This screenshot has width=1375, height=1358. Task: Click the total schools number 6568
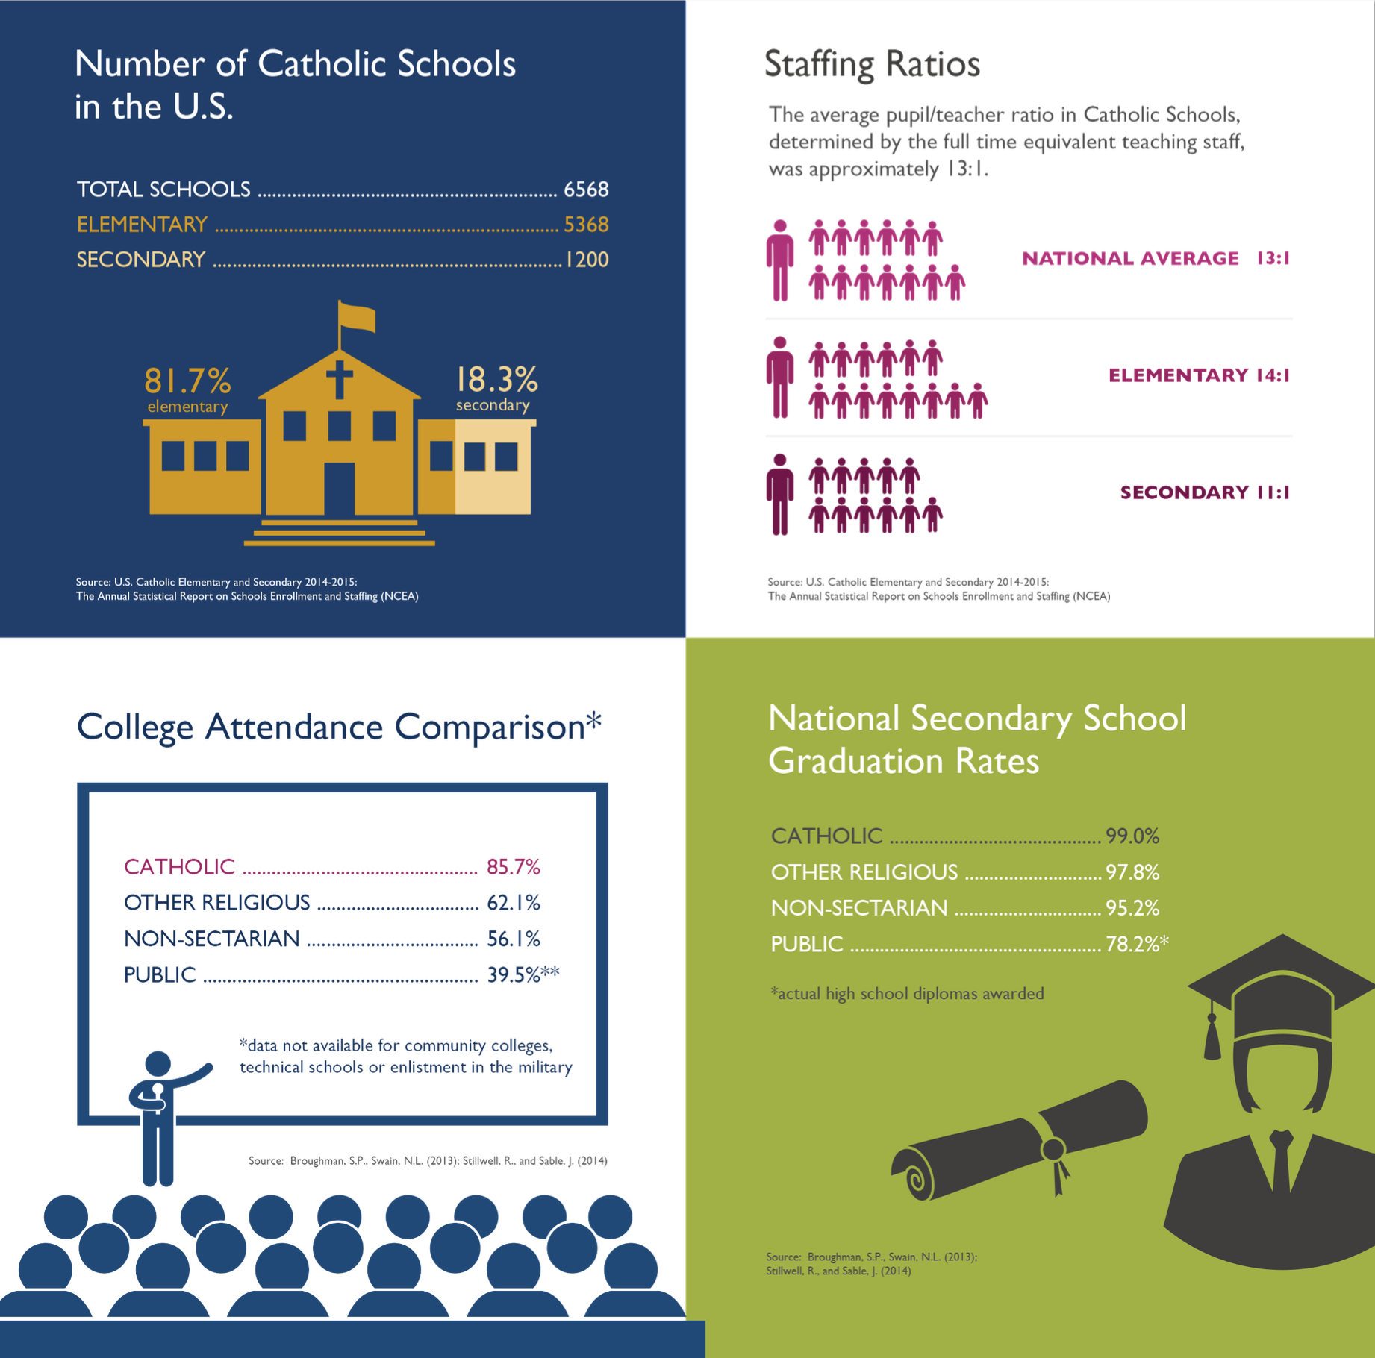(586, 190)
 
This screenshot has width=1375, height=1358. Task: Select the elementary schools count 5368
(586, 225)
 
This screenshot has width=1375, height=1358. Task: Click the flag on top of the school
(356, 317)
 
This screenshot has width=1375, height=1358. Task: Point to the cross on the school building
(339, 378)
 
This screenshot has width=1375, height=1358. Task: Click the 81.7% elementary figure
(187, 381)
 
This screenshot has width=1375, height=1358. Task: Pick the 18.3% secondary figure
(496, 380)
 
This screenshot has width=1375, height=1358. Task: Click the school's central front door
(339, 489)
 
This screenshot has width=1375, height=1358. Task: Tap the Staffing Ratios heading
(872, 64)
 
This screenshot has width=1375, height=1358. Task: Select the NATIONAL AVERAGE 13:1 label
(1156, 258)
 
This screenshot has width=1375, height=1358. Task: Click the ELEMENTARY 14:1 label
(1199, 375)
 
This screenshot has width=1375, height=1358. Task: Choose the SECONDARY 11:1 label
(1205, 492)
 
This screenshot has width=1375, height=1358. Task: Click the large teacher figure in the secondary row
(780, 494)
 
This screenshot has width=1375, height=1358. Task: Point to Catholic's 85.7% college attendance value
(513, 867)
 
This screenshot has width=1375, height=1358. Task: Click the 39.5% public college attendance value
(513, 975)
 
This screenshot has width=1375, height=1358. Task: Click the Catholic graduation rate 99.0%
(1132, 836)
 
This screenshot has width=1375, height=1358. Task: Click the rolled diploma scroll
(1019, 1142)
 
